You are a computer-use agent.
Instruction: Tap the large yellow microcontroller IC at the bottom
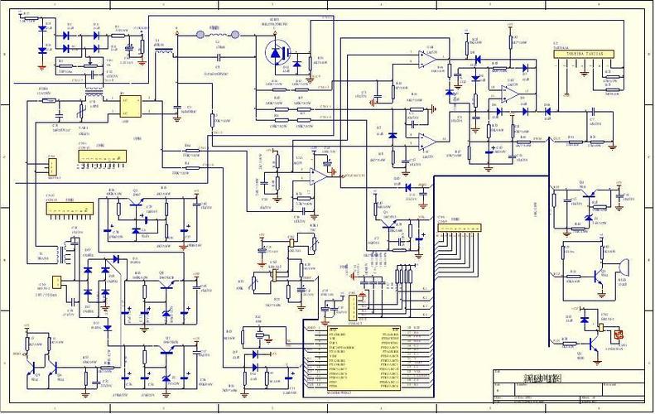364,356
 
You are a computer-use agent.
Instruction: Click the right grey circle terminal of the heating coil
235,36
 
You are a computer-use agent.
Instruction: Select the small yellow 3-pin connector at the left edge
51,166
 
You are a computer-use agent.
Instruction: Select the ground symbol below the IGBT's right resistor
310,80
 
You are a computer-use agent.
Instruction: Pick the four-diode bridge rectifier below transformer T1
106,286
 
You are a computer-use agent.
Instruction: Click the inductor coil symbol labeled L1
164,51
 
